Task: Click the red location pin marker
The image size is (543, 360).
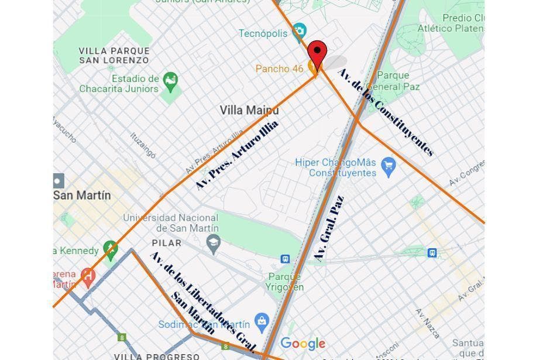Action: [317, 53]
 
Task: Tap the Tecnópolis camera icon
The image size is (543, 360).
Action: [299, 30]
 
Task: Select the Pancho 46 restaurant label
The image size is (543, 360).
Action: [280, 69]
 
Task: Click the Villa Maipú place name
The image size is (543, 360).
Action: [249, 110]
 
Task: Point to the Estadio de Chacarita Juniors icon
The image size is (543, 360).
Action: [170, 81]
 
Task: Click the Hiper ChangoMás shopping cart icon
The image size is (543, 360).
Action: [388, 166]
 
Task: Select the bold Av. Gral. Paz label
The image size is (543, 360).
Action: [329, 228]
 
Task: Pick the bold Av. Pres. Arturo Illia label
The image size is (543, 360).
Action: [237, 155]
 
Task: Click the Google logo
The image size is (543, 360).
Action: [303, 344]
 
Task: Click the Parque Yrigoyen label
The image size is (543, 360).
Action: [285, 282]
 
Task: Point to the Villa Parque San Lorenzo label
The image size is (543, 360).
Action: [114, 56]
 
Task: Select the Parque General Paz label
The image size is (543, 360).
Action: [398, 81]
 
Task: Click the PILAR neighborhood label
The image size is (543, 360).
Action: [167, 242]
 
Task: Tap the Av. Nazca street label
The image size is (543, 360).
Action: [428, 323]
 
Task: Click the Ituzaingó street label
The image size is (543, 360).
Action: [143, 145]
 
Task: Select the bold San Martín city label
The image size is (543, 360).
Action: [82, 195]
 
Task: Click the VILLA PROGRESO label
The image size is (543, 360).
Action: [156, 356]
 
